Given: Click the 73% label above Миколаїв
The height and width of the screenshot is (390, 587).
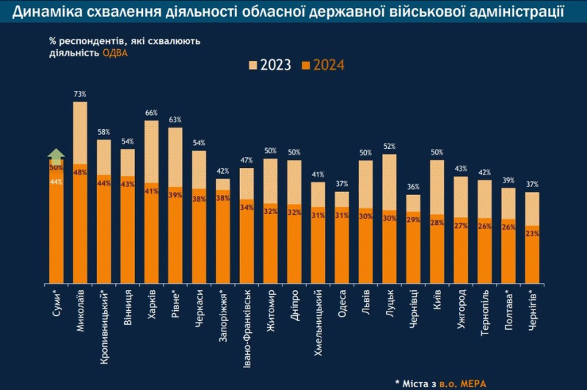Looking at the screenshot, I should tap(80, 94).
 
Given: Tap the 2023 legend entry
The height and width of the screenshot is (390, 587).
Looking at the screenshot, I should tap(267, 65).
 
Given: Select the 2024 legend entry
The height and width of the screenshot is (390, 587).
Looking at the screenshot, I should tap(323, 65).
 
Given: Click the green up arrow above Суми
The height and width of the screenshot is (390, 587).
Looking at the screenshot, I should tap(56, 155).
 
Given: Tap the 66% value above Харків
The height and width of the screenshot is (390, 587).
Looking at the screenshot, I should tap(151, 113).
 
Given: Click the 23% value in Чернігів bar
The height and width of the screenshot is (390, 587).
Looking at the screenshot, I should tap(532, 233).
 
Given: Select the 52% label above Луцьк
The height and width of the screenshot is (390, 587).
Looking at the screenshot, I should tap(389, 147).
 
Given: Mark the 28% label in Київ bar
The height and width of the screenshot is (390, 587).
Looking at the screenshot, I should tap(437, 223).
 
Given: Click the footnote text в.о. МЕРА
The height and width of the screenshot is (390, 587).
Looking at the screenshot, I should tap(459, 382).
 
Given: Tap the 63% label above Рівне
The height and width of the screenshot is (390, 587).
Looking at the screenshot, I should tap(175, 119).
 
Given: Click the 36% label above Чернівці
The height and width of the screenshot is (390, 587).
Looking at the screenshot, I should tap(413, 187).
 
